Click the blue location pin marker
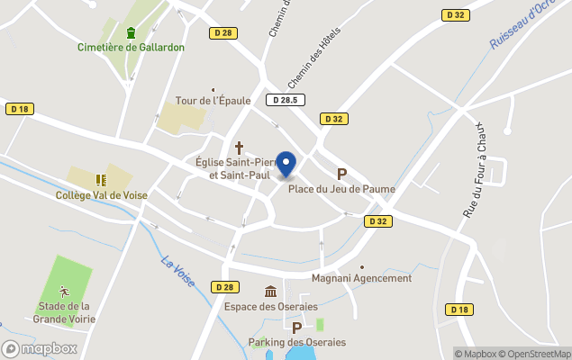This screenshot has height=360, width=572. click(286, 165)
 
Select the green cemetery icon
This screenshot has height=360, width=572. click(132, 33)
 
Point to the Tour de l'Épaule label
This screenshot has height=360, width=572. click(213, 101)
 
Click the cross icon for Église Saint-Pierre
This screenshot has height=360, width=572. click(240, 148)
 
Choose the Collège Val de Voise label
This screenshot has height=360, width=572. click(101, 194)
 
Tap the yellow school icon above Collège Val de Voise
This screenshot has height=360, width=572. click(101, 180)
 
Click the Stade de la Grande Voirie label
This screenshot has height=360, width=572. click(64, 312)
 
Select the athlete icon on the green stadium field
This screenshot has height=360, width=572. click(64, 291)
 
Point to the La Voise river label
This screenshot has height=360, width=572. click(178, 273)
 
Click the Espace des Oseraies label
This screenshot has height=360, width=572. click(270, 306)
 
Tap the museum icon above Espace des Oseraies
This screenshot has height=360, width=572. click(270, 291)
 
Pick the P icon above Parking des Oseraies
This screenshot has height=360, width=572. click(296, 328)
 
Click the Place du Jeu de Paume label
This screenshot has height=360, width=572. click(341, 188)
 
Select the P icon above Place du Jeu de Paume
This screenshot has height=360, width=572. click(341, 174)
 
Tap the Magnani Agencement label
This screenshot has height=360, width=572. click(361, 278)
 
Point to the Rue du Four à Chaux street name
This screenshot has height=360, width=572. click(475, 170)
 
